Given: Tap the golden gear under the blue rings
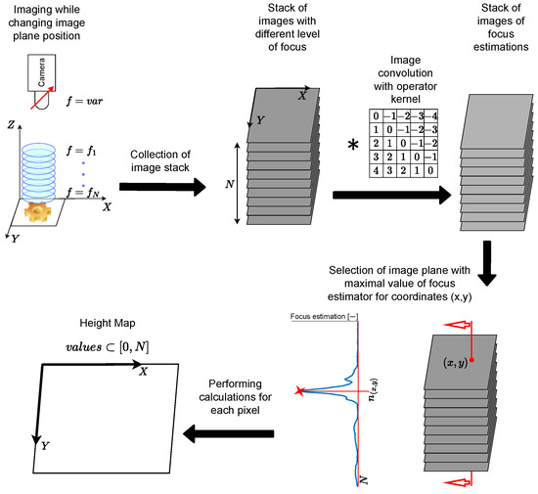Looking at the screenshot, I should [43, 208].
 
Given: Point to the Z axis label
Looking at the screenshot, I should [10, 126].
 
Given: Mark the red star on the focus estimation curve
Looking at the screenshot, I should [298, 391].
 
